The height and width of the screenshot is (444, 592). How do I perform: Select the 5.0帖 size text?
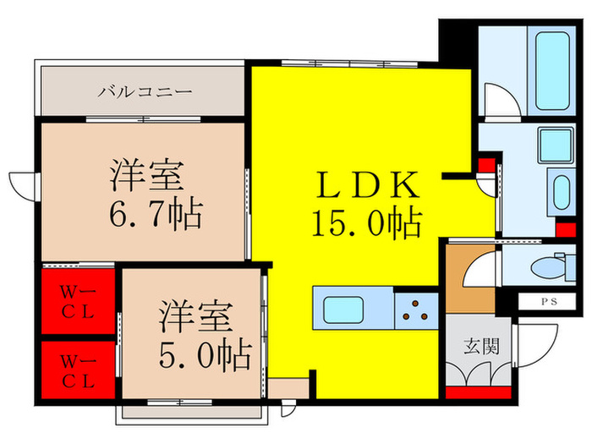click(206, 354)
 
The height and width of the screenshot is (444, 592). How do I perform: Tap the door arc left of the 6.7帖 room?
click(20, 186)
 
